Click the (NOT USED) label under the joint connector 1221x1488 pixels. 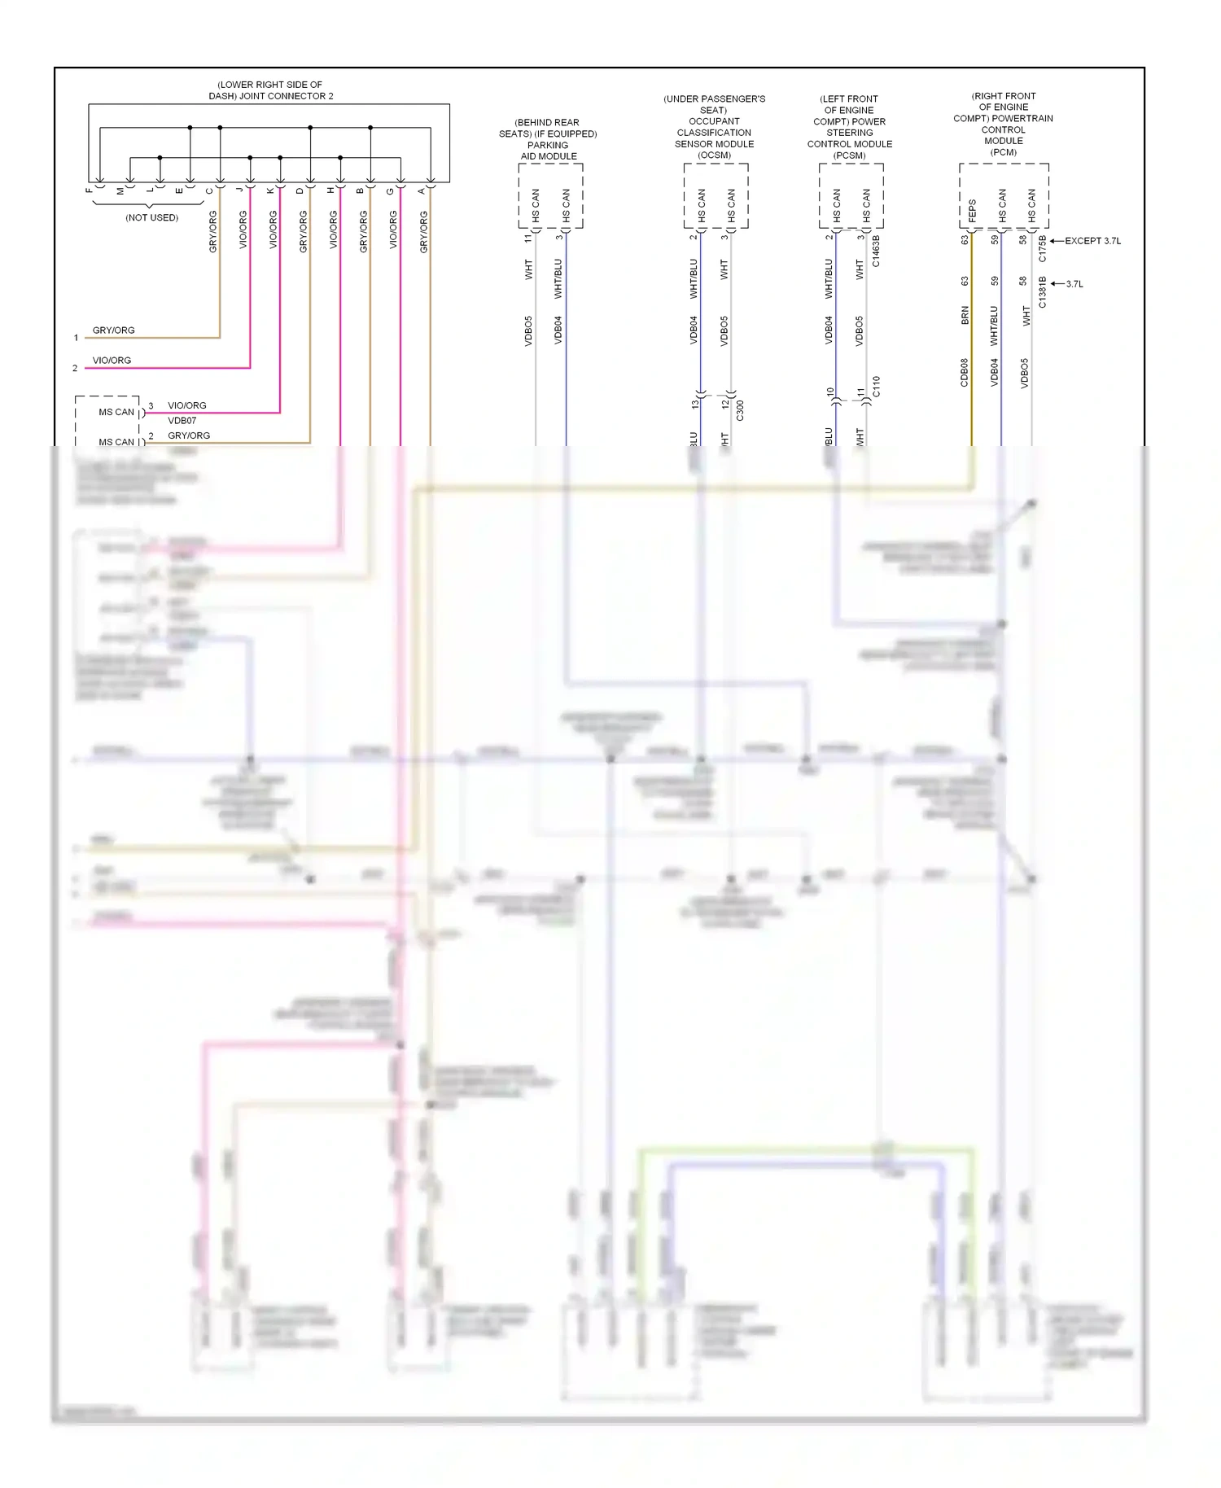pyautogui.click(x=151, y=218)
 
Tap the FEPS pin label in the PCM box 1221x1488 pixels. pyautogui.click(x=972, y=211)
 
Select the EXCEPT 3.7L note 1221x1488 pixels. pyautogui.click(x=1092, y=241)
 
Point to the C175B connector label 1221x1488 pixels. pyautogui.click(x=1043, y=248)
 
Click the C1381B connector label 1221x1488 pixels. pyautogui.click(x=1043, y=292)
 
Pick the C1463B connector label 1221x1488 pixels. pyautogui.click(x=876, y=252)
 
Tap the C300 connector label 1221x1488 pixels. pyautogui.click(x=740, y=410)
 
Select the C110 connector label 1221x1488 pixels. pyautogui.click(x=876, y=387)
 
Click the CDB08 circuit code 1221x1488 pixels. pyautogui.click(x=965, y=372)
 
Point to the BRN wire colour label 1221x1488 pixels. pyautogui.click(x=965, y=316)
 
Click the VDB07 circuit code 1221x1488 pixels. pyautogui.click(x=182, y=421)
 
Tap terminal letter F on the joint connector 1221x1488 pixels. pyautogui.click(x=90, y=190)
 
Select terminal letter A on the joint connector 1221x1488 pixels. pyautogui.click(x=422, y=190)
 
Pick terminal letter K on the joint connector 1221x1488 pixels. pyautogui.click(x=271, y=190)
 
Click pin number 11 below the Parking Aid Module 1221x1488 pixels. pyautogui.click(x=528, y=237)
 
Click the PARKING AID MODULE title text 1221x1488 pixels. pyautogui.click(x=548, y=151)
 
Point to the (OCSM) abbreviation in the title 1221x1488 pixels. pyautogui.click(x=714, y=155)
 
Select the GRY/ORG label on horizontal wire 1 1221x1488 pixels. pyautogui.click(x=114, y=330)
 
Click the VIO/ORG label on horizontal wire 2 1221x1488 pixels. pyautogui.click(x=112, y=361)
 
